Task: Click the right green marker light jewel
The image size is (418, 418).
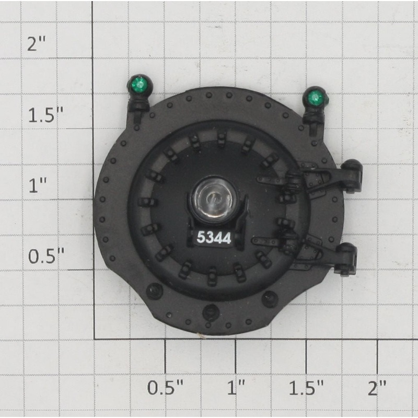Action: tap(315, 97)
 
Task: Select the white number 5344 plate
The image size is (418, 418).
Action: tap(214, 237)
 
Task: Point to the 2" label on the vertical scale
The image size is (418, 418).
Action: tap(37, 44)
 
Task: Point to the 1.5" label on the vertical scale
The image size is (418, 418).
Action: tap(46, 115)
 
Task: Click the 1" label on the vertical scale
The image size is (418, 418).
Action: tap(38, 185)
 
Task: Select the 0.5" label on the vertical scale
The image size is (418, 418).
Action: tap(46, 256)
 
